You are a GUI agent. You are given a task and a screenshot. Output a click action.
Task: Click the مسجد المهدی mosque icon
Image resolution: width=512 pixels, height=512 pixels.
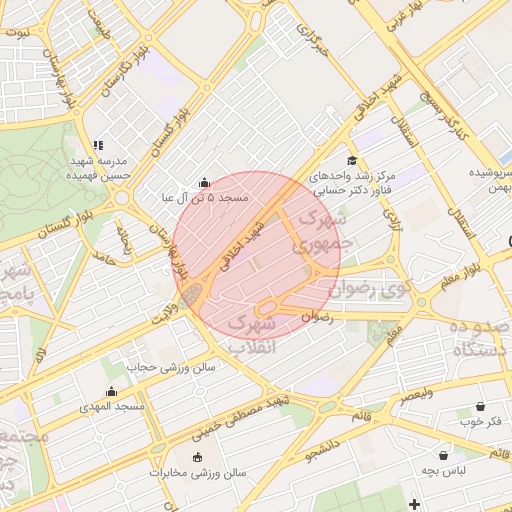tap(111, 392)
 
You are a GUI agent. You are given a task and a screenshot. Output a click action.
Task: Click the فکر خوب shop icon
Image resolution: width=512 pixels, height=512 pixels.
tap(484, 407)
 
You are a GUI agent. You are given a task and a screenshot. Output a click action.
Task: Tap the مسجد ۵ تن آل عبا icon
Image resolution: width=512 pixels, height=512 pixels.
tap(205, 183)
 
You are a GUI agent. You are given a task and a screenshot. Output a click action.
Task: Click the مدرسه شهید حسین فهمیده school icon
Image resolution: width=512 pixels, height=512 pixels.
tap(97, 146)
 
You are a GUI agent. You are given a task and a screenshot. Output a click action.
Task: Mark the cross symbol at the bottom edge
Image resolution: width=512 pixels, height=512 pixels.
tap(415, 502)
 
